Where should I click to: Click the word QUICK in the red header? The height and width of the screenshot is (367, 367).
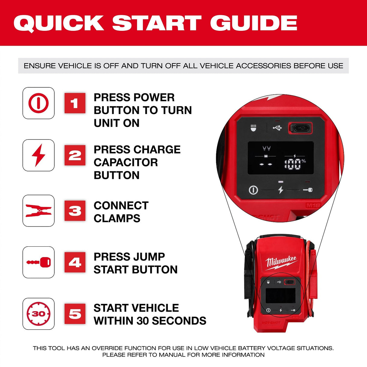click(59, 23)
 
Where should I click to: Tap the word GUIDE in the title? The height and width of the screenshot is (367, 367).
click(254, 23)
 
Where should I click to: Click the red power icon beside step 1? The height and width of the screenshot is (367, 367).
click(38, 103)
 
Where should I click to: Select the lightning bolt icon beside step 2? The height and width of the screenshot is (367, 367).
click(38, 155)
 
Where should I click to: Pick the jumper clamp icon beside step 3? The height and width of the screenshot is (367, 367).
click(38, 211)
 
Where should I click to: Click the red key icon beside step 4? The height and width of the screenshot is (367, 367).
click(38, 262)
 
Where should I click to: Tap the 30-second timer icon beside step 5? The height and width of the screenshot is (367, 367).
click(38, 314)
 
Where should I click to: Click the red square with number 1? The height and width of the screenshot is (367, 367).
click(75, 103)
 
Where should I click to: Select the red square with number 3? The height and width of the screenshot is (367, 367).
click(75, 211)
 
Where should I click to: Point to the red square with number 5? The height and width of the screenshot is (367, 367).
click(75, 314)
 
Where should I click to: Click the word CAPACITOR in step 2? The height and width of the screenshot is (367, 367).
click(126, 162)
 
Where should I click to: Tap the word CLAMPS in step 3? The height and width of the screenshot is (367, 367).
click(117, 218)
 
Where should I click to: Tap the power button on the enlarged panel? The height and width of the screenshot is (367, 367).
click(253, 190)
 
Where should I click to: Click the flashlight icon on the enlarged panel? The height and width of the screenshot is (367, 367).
click(254, 128)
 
